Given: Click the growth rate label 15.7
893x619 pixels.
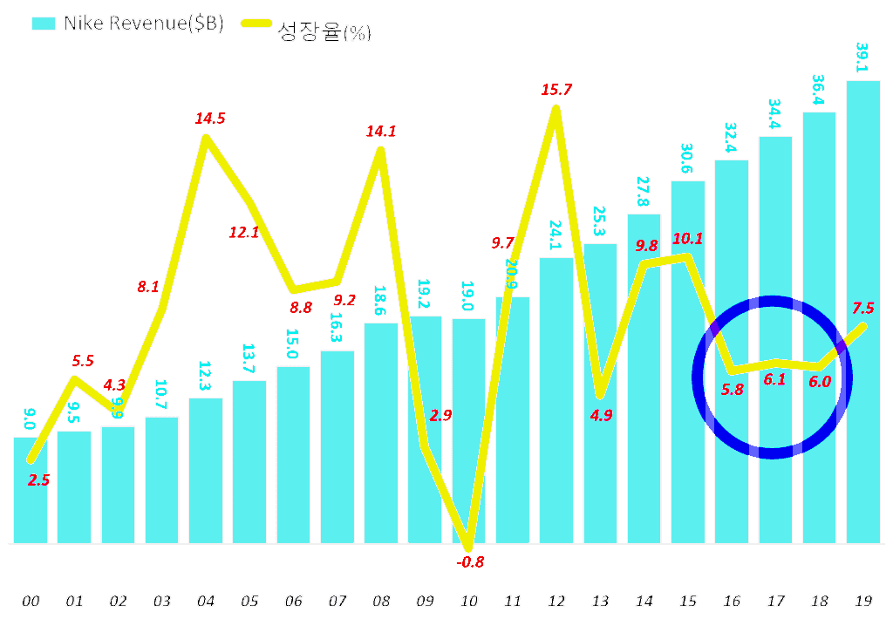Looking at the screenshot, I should tap(556, 89).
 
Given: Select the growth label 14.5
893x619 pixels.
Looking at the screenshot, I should tap(209, 118).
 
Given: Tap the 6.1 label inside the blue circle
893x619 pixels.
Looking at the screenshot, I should tap(775, 379).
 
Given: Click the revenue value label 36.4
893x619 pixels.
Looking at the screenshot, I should tap(819, 91).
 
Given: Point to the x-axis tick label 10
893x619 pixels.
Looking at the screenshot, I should tap(469, 601).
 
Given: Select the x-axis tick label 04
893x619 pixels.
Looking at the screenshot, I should tap(206, 601).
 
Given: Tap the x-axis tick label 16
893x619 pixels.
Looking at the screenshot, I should tap(732, 601).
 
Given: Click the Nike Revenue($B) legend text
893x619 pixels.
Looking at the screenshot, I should tap(144, 24).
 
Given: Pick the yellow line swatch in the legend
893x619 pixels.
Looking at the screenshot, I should tap(253, 24).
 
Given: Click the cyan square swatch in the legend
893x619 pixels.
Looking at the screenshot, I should tap(44, 24).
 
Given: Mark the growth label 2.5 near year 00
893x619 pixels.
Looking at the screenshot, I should tap(39, 479).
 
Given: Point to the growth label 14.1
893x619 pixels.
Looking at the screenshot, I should tap(381, 132).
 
